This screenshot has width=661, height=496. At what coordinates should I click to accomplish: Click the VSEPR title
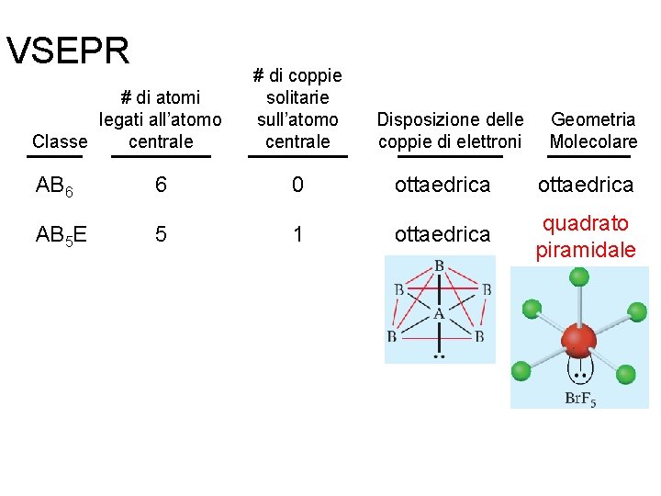(68, 52)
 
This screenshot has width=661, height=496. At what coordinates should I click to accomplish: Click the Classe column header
(60, 141)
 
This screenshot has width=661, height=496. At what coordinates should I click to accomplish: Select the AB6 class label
(53, 186)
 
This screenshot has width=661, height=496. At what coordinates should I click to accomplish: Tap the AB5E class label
(61, 235)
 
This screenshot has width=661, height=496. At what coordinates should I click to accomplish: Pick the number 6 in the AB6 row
(161, 185)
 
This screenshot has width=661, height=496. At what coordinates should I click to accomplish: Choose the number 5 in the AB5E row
(161, 234)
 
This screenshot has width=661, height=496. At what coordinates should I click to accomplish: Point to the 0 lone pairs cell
(297, 185)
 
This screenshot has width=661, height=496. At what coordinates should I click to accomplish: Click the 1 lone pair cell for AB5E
(297, 234)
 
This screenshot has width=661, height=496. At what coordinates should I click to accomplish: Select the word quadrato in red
(585, 223)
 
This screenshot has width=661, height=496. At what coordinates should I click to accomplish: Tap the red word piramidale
(586, 249)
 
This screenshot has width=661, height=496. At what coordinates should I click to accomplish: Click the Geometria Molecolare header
(593, 130)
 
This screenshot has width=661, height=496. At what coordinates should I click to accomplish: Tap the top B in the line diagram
(439, 266)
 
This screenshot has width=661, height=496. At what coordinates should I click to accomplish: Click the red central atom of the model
(577, 338)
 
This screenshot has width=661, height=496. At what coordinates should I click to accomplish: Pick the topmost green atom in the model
(578, 276)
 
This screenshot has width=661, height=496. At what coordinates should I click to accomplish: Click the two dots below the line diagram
(439, 355)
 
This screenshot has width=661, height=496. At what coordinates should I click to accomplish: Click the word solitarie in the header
(297, 97)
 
